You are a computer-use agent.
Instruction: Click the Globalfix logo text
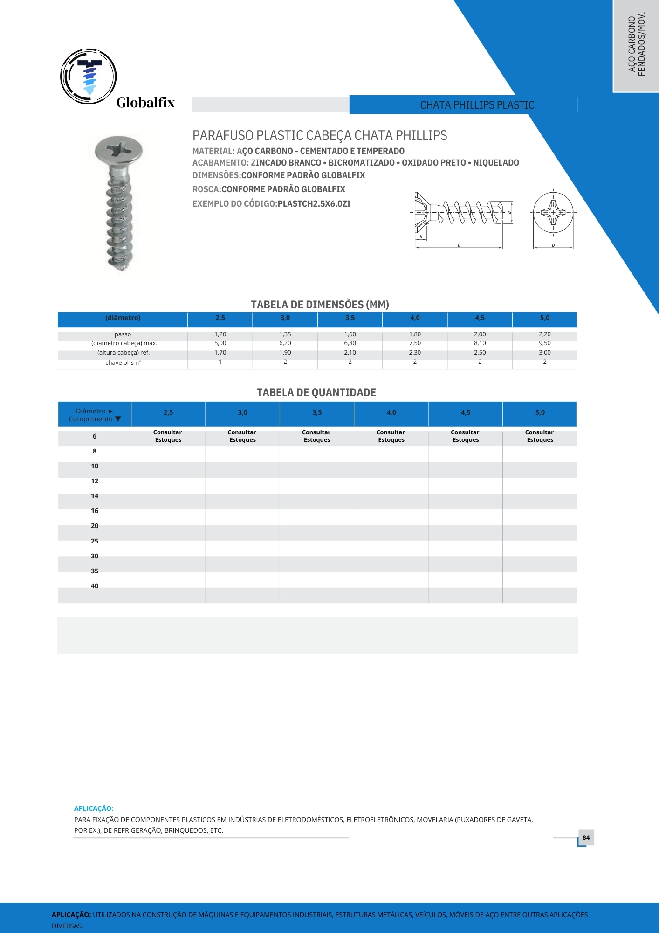point(145,103)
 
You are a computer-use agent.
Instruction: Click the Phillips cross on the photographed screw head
point(119,149)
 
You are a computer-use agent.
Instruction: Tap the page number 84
point(586,837)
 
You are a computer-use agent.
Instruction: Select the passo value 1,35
point(285,334)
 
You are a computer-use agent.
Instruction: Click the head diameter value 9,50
point(544,343)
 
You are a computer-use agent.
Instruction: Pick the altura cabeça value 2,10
point(350,353)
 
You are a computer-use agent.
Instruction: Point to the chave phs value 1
point(220,362)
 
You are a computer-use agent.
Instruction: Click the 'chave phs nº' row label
point(123,362)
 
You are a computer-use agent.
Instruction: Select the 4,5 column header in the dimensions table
point(480,318)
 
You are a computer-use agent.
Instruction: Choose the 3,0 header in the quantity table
point(242,413)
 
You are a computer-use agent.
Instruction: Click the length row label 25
point(95,541)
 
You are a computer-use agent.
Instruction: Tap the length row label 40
point(95,586)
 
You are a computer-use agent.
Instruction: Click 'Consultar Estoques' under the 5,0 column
point(540,436)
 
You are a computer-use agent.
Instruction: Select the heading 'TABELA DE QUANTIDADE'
point(316,392)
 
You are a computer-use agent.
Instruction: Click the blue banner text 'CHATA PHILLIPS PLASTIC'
point(477,105)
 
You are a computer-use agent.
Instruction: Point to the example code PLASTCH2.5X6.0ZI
point(314,204)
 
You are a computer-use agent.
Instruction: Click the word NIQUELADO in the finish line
point(496,163)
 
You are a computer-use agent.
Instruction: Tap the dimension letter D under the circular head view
point(553,245)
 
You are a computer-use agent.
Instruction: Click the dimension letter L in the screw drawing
point(459,245)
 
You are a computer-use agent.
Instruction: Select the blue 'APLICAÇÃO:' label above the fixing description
point(94,808)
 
